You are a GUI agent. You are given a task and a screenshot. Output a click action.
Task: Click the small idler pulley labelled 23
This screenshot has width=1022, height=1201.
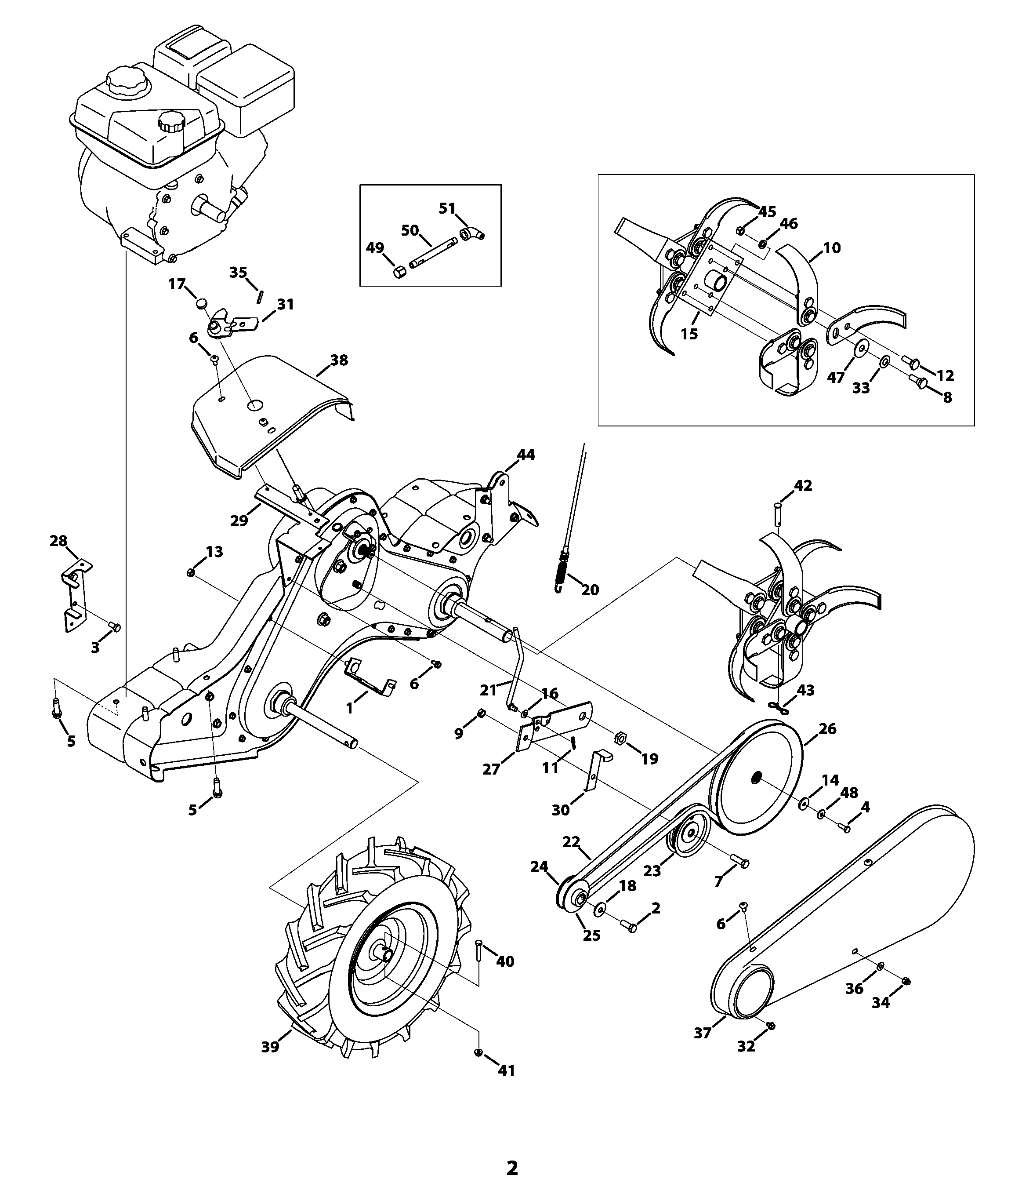(690, 835)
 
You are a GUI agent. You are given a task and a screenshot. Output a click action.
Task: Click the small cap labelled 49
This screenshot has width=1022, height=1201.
(399, 272)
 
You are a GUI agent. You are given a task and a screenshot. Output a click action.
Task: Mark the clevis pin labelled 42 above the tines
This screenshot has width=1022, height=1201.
(778, 515)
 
